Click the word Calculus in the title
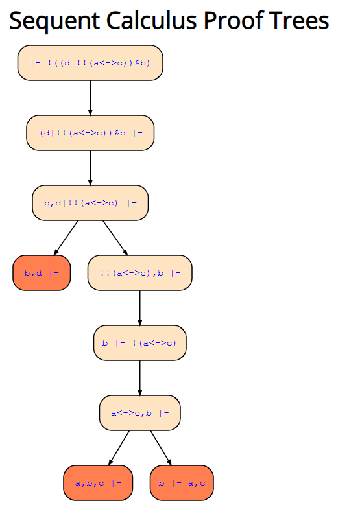[x=152, y=20]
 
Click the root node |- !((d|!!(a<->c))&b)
[x=90, y=63]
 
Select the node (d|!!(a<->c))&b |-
[x=90, y=133]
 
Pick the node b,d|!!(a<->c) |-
[x=90, y=203]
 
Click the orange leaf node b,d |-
[x=42, y=273]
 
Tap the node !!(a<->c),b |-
[x=139, y=273]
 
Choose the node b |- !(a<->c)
[x=139, y=343]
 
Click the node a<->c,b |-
[x=139, y=413]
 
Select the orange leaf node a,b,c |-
[x=98, y=483]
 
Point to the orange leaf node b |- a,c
[x=182, y=483]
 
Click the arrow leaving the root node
[x=90, y=98]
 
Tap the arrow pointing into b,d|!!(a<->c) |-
[x=90, y=168]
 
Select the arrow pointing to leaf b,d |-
[x=66, y=238]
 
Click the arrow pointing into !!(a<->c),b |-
[x=115, y=238]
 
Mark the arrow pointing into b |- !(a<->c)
[x=139, y=308]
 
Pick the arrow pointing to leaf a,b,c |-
[x=119, y=448]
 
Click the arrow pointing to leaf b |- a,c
[x=161, y=448]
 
